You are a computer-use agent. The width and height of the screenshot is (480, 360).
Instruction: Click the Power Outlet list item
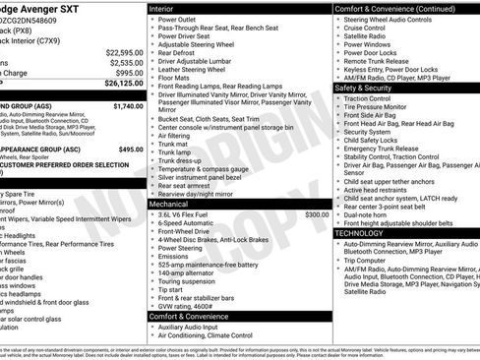[x=181, y=18]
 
